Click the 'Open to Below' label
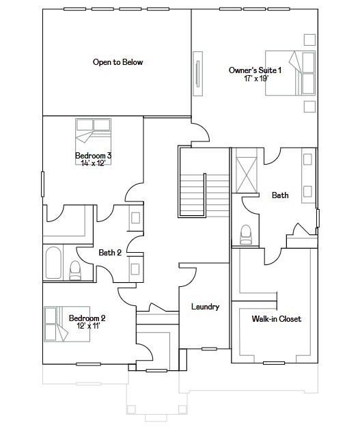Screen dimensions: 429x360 (117, 62)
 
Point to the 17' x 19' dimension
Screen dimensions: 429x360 (255, 79)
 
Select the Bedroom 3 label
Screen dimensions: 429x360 (93, 156)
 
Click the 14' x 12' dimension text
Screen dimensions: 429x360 (93, 163)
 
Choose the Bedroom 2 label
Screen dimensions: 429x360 (87, 318)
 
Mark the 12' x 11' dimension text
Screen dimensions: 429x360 (87, 326)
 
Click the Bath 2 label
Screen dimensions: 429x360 (110, 253)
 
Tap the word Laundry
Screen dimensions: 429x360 (205, 307)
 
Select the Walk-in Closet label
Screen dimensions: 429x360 (276, 319)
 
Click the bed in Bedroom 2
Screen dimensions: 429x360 (56, 324)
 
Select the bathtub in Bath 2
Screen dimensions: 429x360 (53, 263)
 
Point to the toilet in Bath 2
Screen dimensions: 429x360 (75, 271)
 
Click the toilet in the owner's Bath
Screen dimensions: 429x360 (246, 234)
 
